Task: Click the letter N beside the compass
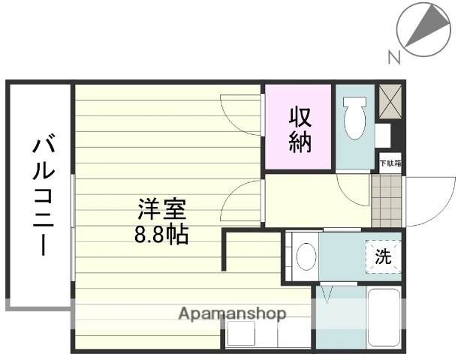click(x=393, y=56)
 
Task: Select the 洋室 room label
click(x=161, y=208)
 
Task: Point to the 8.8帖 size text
click(x=161, y=234)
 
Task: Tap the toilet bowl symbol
click(x=353, y=119)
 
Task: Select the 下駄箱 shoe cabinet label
click(x=390, y=162)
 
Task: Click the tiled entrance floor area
click(x=387, y=200)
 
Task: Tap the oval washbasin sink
click(x=306, y=256)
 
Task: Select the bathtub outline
click(x=384, y=317)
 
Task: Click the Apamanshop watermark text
click(x=231, y=314)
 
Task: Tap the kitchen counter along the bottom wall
click(x=267, y=334)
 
